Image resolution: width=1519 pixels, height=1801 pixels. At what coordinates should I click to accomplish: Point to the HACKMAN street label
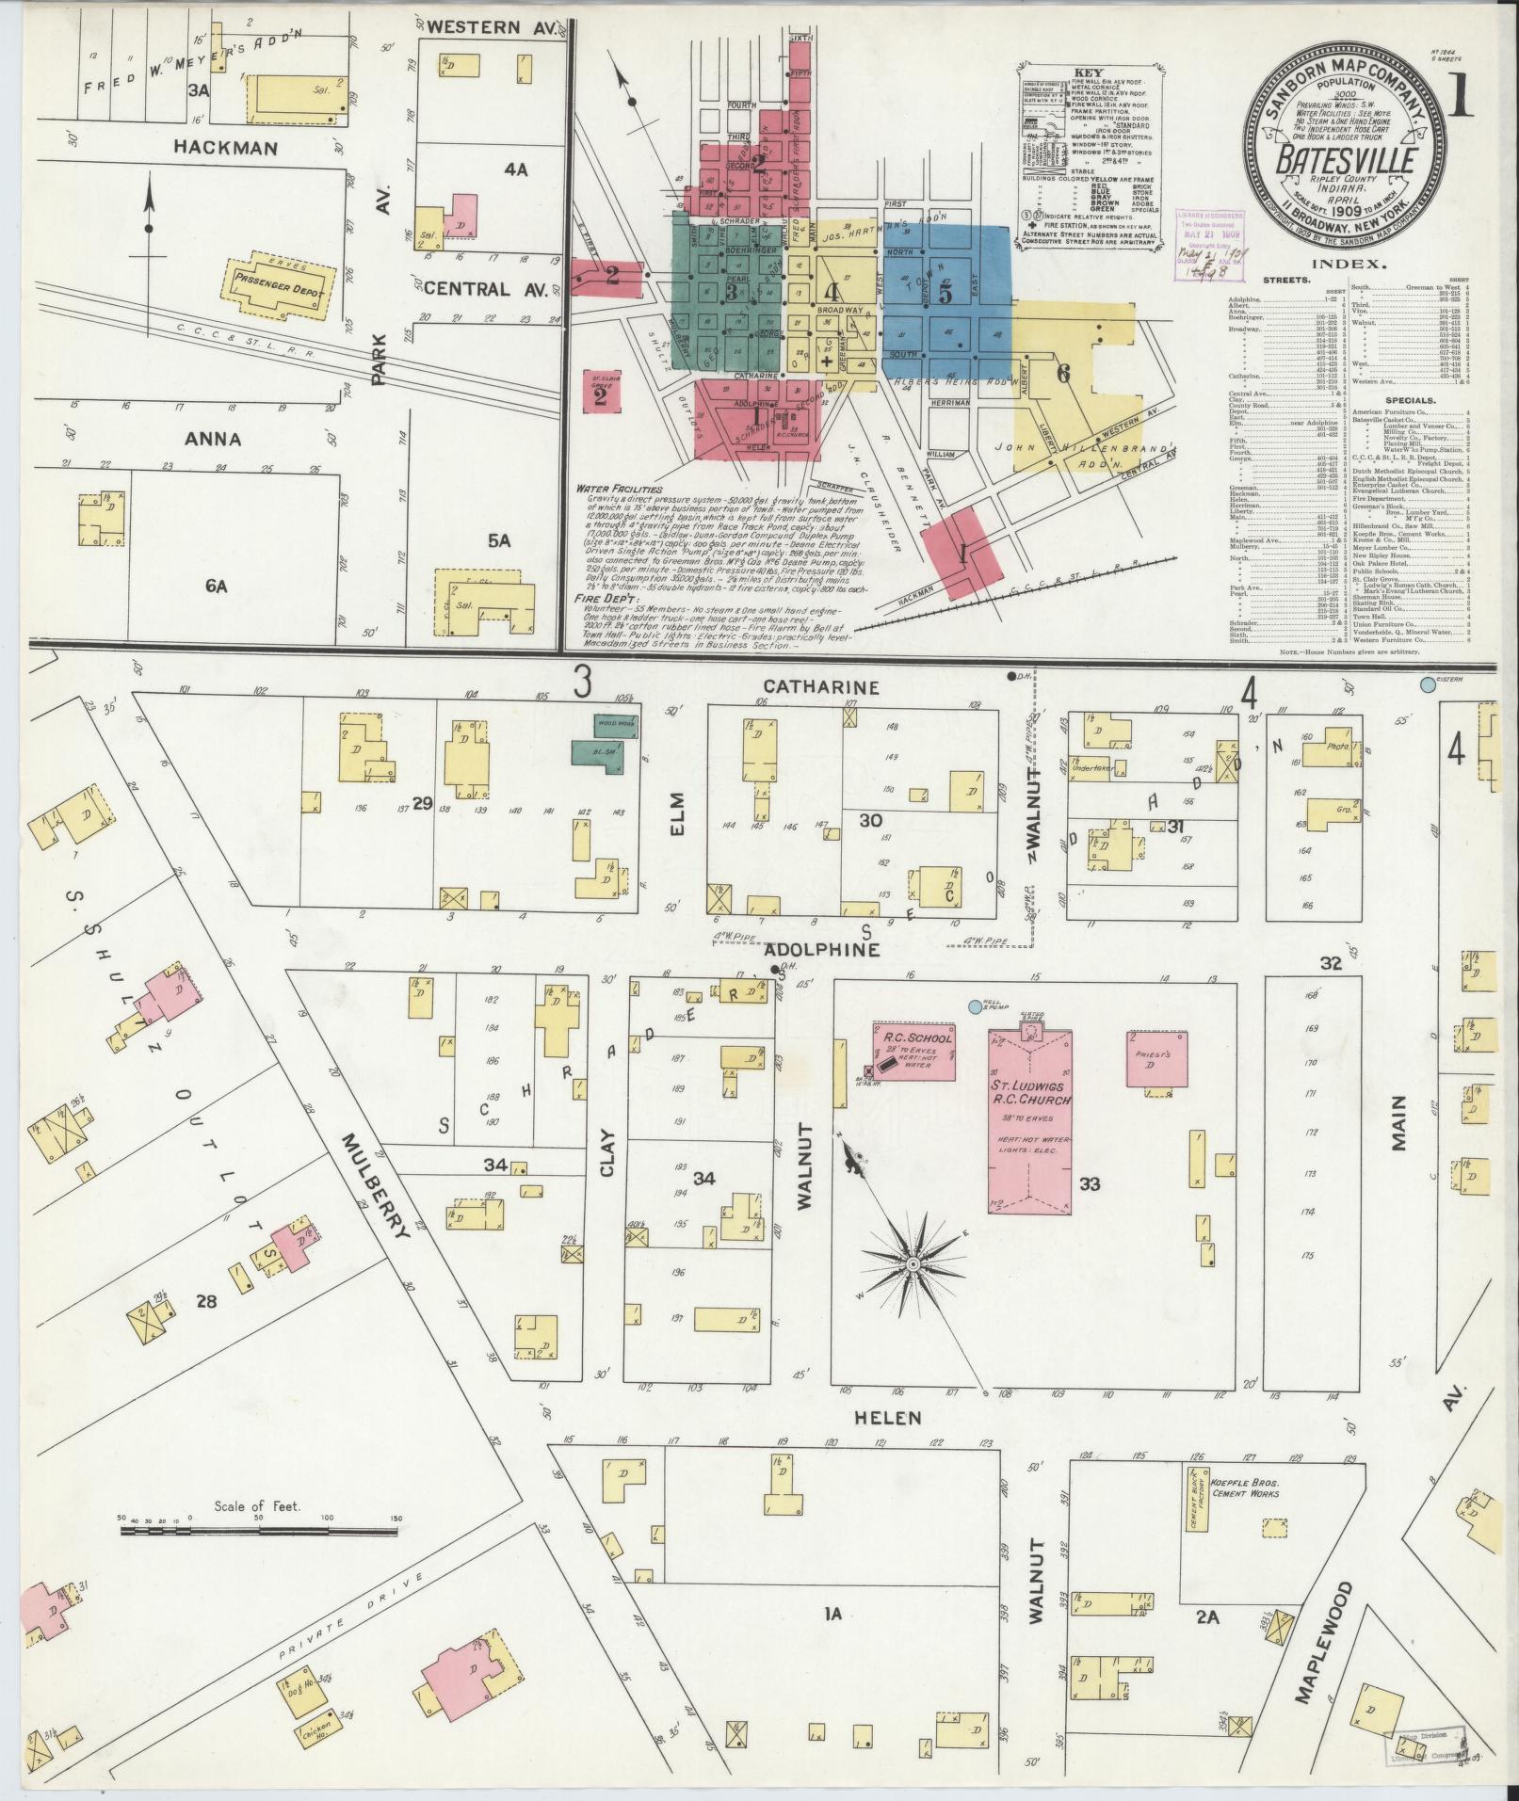(x=224, y=148)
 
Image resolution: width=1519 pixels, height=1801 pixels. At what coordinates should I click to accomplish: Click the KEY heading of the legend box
(x=1092, y=71)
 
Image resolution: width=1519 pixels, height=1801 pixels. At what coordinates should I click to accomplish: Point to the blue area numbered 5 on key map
(x=945, y=294)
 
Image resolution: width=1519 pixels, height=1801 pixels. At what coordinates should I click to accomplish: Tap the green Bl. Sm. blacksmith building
(x=599, y=756)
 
